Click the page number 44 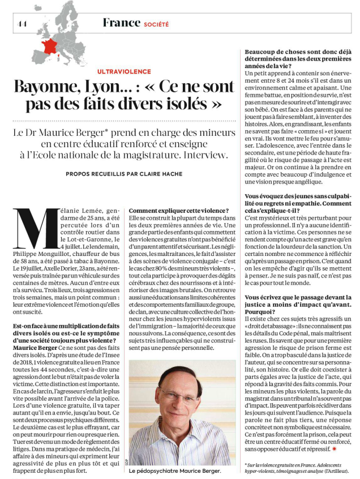pos(22,23)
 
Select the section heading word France pos(121,23)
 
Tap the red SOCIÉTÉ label pos(156,24)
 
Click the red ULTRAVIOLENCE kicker pos(124,71)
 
